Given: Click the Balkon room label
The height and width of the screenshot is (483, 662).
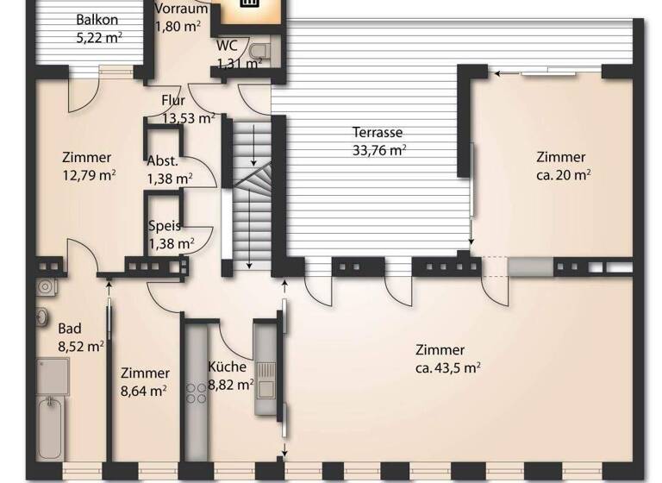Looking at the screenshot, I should tap(97, 20).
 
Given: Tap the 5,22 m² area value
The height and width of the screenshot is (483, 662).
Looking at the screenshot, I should tap(97, 37).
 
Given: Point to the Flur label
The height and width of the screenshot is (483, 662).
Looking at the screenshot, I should tap(173, 101).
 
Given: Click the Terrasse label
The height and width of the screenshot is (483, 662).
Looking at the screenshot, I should tap(378, 133).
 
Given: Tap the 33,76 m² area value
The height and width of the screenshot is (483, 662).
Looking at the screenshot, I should tap(378, 150).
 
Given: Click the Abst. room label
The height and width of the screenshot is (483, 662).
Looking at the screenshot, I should tap(163, 160).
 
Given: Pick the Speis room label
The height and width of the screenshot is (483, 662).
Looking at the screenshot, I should tap(165, 226).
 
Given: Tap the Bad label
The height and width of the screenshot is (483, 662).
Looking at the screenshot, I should tap(69, 329).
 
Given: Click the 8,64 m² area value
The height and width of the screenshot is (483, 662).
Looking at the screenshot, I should tap(144, 391).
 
